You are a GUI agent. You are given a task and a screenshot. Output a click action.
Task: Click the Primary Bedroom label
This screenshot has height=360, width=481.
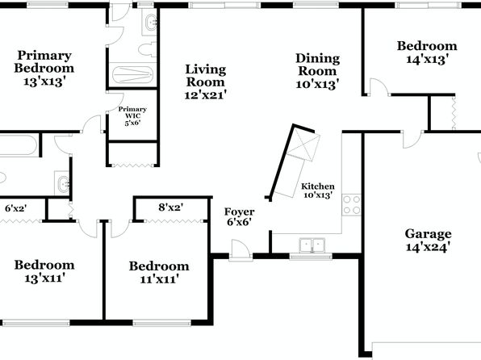(44, 69)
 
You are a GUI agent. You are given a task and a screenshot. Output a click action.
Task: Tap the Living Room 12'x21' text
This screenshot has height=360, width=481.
(206, 82)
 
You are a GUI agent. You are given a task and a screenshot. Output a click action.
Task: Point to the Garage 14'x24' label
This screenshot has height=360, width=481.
(428, 241)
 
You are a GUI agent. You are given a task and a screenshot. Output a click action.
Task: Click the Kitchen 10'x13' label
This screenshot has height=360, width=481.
(318, 190)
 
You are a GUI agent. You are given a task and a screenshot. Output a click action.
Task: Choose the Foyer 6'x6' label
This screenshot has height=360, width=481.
(239, 216)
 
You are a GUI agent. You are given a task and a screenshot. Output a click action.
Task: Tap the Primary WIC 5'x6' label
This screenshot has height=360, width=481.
(132, 116)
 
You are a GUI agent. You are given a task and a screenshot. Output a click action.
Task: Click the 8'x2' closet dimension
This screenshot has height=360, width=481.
(171, 207)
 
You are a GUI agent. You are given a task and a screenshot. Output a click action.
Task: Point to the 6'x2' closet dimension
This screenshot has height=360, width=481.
(15, 208)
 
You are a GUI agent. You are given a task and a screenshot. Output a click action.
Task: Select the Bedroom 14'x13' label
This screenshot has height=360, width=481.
(427, 52)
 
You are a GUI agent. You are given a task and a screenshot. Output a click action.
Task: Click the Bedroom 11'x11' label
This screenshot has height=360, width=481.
(159, 272)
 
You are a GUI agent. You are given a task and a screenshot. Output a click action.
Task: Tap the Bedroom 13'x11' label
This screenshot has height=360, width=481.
(44, 271)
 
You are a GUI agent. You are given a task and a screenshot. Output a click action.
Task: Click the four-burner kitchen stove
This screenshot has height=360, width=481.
(352, 205)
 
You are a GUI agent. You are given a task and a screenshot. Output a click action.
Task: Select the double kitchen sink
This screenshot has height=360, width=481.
(312, 245)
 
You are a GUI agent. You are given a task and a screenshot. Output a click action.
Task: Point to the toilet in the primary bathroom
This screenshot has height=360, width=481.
(148, 50)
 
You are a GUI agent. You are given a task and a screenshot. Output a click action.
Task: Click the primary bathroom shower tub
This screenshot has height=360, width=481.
(133, 74)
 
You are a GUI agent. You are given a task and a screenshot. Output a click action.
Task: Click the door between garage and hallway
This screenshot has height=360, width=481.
(412, 140)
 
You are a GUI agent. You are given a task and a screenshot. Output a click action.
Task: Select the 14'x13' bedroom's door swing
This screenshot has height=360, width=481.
(379, 87)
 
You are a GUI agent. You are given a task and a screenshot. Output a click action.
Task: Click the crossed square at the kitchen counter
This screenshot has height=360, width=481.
(303, 144)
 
